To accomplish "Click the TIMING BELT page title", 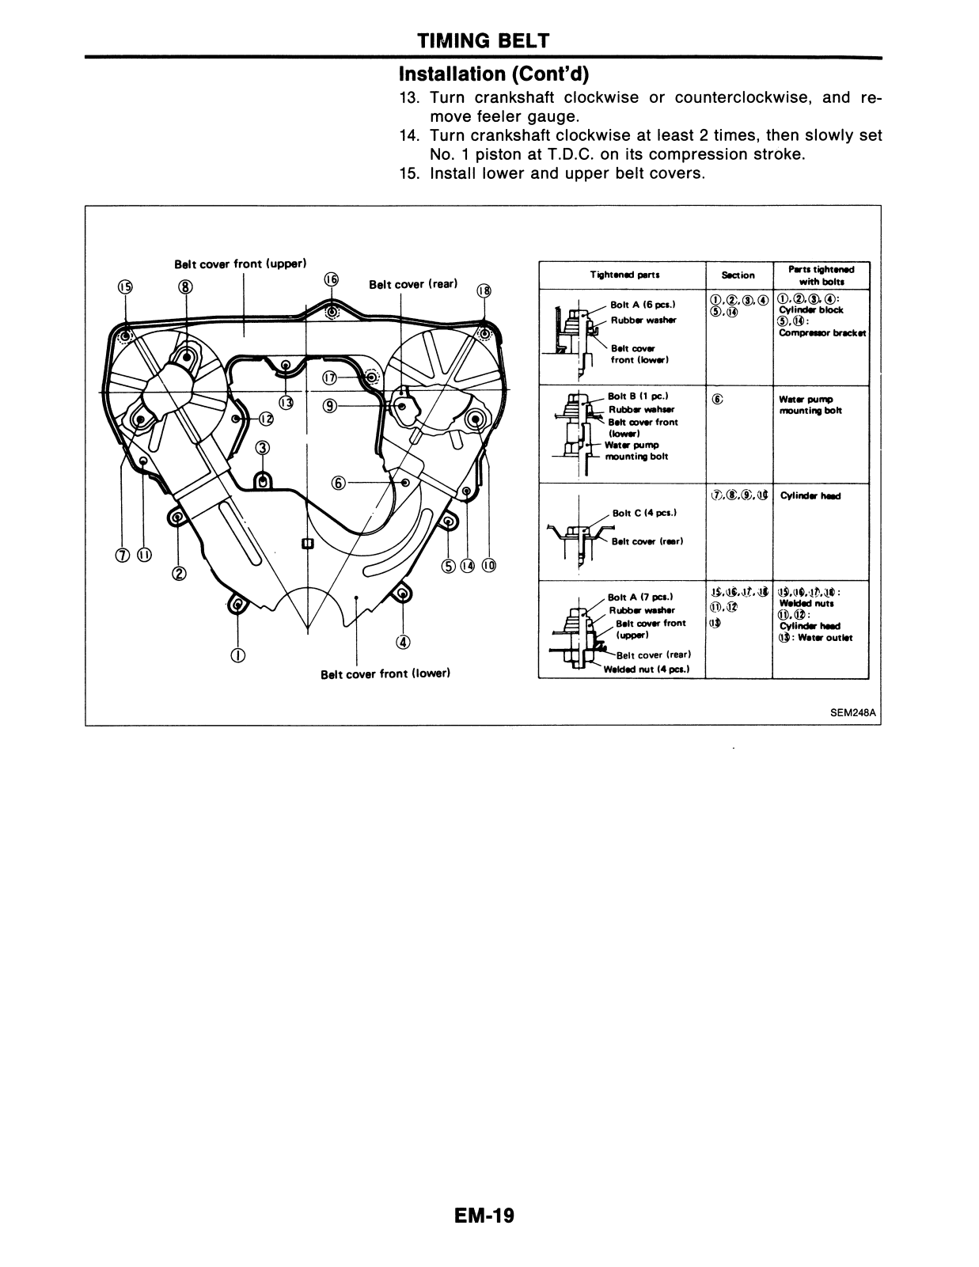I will point(483,40).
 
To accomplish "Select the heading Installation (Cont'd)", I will point(494,74).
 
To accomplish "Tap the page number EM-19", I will point(484,1216).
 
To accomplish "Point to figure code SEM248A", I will point(853,712).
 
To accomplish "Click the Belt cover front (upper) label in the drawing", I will point(240,264).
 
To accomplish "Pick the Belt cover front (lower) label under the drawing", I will point(385,674).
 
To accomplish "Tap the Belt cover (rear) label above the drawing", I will point(413,284).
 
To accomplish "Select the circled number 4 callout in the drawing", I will point(404,641).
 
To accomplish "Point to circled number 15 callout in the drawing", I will point(125,287).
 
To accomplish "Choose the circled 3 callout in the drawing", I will point(262,448).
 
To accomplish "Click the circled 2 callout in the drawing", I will point(179,573).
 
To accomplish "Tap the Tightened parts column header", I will point(624,275).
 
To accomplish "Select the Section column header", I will point(738,275).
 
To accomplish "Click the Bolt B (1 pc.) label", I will point(638,396).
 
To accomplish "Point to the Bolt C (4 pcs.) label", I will point(643,513).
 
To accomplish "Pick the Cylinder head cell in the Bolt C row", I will point(810,496).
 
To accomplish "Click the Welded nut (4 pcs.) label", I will point(646,669).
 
